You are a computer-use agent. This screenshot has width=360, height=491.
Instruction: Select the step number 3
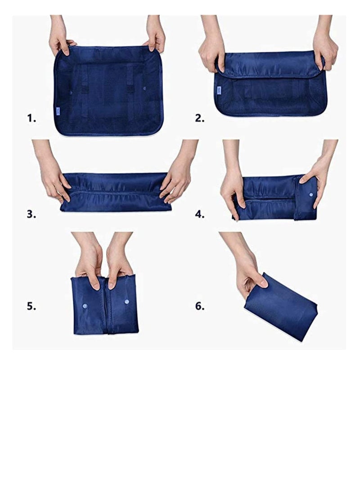pyautogui.click(x=31, y=214)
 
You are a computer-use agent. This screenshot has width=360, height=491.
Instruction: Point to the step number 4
pyautogui.click(x=200, y=214)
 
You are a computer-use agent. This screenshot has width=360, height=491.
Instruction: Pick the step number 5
pyautogui.click(x=31, y=306)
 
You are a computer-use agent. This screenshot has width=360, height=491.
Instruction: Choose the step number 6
pyautogui.click(x=200, y=306)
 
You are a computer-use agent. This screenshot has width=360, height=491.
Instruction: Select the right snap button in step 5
pyautogui.click(x=127, y=301)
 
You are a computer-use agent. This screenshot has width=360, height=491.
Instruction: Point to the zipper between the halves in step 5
pyautogui.click(x=107, y=311)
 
